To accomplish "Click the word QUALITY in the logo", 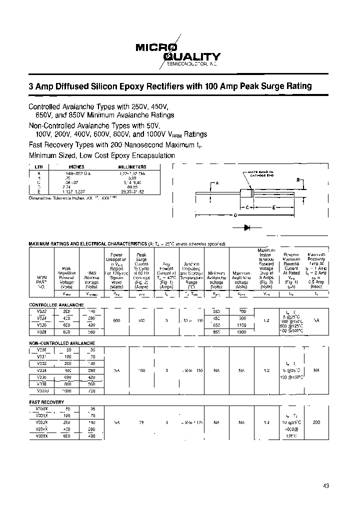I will (195, 57).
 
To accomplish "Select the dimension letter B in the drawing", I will (298, 179).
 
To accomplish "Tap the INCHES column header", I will (76, 166).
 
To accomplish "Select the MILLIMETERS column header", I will (132, 166).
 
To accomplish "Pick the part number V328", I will (41, 331).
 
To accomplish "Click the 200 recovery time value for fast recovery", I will (316, 422).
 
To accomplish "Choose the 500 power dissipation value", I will (115, 321).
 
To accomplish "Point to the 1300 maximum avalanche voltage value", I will (241, 331).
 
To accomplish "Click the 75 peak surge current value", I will (141, 422).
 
